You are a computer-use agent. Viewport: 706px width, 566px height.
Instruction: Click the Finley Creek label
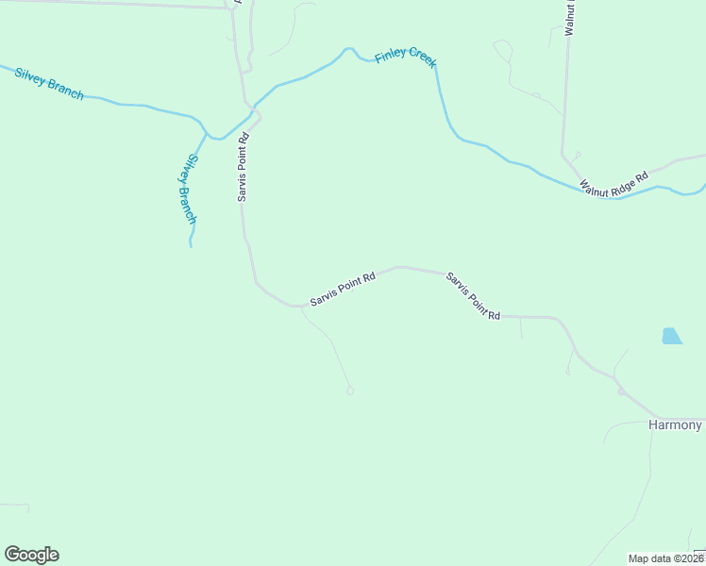[406, 57]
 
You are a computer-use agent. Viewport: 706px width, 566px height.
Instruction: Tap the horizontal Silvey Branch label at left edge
[49, 83]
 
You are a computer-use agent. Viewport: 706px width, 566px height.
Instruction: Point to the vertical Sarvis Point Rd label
[243, 166]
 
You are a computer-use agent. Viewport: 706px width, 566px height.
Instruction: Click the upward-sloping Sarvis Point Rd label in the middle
[343, 289]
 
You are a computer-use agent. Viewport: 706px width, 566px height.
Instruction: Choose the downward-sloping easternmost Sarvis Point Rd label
[473, 296]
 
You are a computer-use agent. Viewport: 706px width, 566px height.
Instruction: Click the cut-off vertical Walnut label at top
[570, 19]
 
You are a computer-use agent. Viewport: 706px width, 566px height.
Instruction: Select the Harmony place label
[676, 425]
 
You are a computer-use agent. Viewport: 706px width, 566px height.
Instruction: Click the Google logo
[31, 555]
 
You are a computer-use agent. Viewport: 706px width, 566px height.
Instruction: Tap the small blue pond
[671, 336]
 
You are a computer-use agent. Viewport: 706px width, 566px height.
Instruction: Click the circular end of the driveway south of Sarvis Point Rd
[350, 391]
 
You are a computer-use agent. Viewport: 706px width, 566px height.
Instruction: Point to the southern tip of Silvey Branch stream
[191, 244]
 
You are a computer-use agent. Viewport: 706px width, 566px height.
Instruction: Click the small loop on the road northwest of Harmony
[620, 391]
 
